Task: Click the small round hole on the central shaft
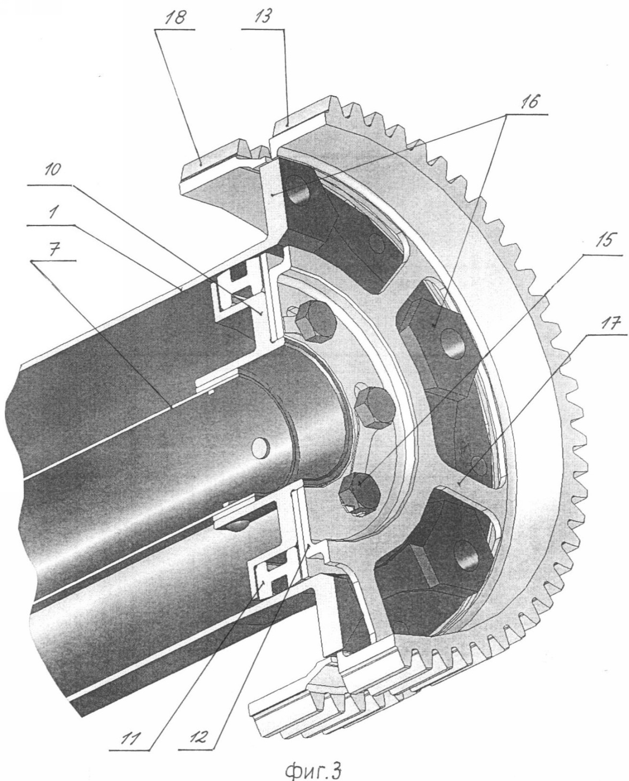point(260,447)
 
